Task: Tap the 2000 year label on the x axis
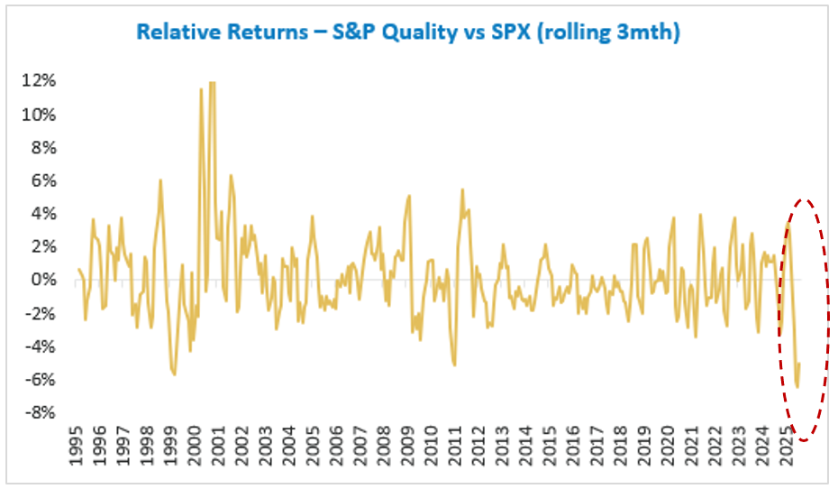[x=195, y=448]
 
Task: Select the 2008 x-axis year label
[x=382, y=448]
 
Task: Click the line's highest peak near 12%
[x=213, y=83]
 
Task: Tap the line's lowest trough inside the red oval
[x=797, y=387]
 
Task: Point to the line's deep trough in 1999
[x=174, y=374]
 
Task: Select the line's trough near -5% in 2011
[x=454, y=365]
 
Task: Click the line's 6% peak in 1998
[x=160, y=180]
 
